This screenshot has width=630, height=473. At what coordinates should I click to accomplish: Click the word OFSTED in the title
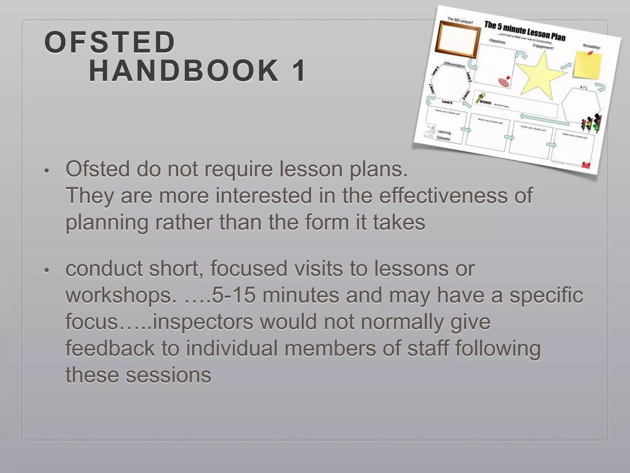[110, 42]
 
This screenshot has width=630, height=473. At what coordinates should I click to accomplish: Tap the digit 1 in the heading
[299, 71]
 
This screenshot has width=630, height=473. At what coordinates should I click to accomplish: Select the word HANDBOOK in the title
[184, 71]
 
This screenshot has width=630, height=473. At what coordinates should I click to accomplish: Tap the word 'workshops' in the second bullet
[118, 295]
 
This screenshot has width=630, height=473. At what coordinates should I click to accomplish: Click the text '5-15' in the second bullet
[234, 295]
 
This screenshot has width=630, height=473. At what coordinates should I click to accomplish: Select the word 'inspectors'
[203, 322]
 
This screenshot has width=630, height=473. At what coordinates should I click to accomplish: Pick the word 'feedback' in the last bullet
[110, 348]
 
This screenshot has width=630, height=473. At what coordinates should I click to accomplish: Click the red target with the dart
[504, 81]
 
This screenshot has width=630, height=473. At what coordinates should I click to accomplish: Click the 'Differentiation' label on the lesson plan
[454, 65]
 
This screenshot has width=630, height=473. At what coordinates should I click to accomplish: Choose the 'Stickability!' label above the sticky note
[591, 46]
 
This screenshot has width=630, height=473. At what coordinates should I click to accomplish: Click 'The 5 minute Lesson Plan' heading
[525, 31]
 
